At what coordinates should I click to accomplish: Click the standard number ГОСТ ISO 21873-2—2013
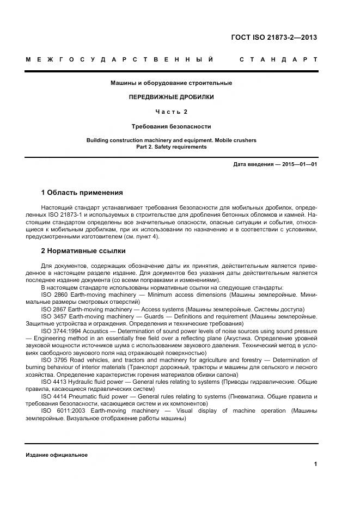point(274,38)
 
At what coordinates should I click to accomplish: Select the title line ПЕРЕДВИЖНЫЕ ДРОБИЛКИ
point(171,97)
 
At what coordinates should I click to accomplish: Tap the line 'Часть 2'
point(171,112)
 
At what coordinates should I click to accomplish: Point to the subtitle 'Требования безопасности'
point(171,126)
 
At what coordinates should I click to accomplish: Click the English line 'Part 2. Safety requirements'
point(171,146)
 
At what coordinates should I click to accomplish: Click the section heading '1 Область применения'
point(82,192)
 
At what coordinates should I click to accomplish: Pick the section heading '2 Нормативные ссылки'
point(83,251)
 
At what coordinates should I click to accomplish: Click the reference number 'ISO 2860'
point(54,295)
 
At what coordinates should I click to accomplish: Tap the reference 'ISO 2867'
point(54,309)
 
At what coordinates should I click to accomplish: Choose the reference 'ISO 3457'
point(54,316)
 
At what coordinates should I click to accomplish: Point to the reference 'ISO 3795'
point(55,360)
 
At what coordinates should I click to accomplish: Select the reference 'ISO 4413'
point(54,382)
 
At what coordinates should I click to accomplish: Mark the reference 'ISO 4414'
point(54,396)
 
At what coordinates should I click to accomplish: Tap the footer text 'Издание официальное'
point(57,455)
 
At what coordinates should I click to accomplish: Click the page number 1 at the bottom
point(315,464)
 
